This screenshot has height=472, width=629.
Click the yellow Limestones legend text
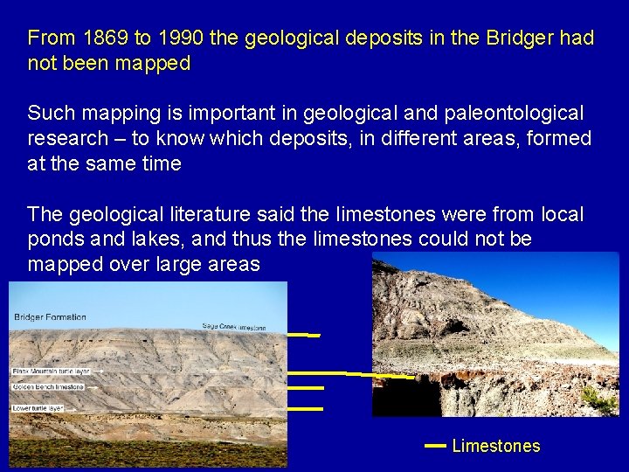(x=496, y=446)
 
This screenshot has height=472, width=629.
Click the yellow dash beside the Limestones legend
(x=435, y=446)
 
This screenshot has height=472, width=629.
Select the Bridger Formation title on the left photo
(x=50, y=317)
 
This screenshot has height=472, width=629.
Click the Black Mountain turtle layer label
(x=51, y=371)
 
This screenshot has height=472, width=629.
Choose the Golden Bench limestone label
(x=48, y=386)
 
